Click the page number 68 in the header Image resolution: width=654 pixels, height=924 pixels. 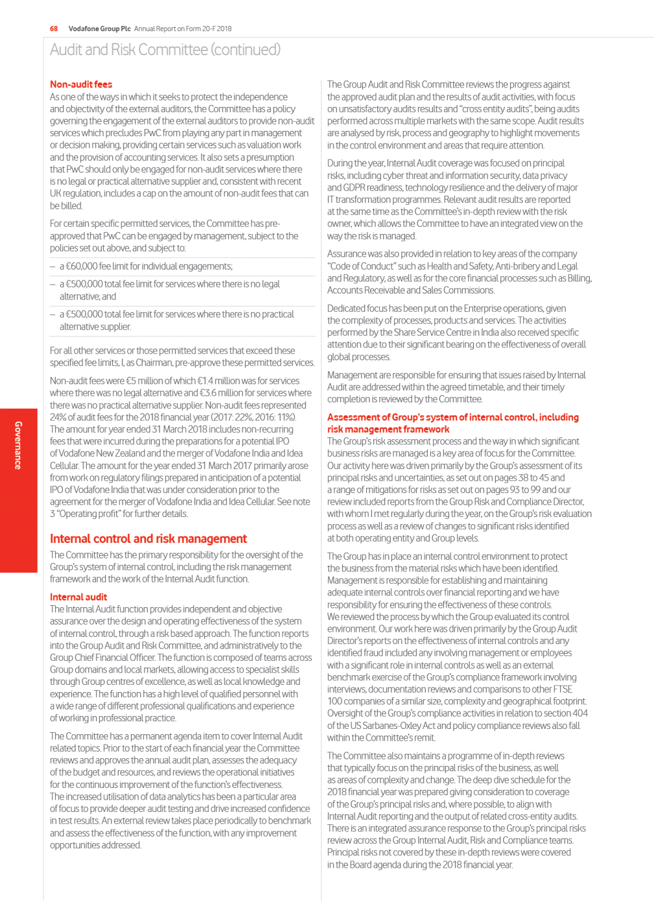coord(54,29)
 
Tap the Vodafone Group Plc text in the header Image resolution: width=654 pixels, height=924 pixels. coord(99,29)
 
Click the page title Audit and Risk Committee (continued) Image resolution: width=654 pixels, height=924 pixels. coord(165,50)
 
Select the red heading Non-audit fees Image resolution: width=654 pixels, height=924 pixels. coord(81,84)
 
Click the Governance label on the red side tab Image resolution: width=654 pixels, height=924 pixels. coord(18,445)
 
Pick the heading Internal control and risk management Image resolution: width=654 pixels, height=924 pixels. coord(148,538)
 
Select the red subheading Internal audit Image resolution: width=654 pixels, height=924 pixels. coord(78,597)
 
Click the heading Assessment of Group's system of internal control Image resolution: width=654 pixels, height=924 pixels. coord(452,417)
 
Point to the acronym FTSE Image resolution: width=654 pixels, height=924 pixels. coord(563,689)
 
